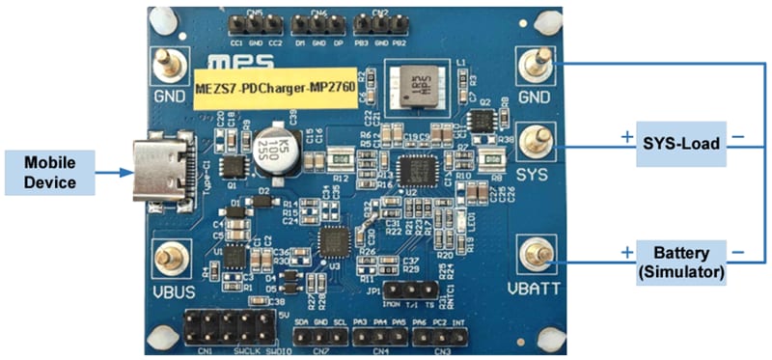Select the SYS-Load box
point(681,139)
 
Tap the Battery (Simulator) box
point(681,262)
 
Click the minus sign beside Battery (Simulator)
point(738,252)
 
